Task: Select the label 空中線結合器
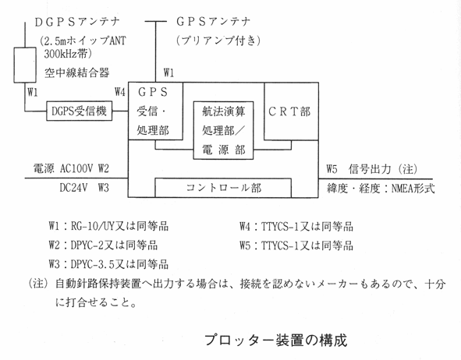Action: point(77,72)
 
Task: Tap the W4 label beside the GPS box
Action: point(120,92)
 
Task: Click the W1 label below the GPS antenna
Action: point(168,72)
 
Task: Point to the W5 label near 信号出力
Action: point(332,169)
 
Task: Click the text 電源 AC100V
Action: point(63,168)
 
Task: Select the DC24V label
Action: point(73,187)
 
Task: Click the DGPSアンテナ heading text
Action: point(77,22)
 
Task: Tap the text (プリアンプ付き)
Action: point(218,41)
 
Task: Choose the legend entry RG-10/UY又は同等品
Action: point(119,226)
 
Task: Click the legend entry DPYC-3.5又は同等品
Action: point(119,264)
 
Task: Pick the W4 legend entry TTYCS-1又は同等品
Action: point(307,227)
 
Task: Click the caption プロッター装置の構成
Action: point(276,340)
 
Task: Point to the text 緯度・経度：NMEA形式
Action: point(381,189)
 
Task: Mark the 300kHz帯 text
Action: point(68,54)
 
